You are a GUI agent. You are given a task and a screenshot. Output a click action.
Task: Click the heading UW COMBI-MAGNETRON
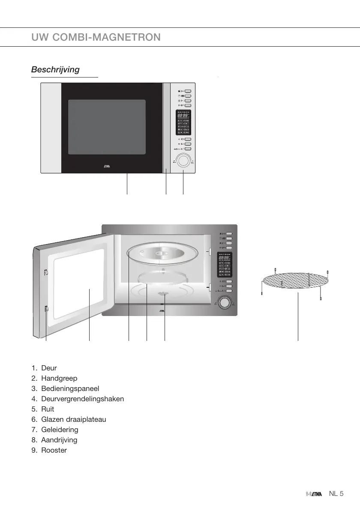point(96,37)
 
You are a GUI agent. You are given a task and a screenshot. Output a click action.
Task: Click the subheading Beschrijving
point(55,70)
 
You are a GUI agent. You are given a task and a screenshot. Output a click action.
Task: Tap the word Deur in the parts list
point(49,368)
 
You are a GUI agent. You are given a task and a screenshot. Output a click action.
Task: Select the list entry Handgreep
point(59,379)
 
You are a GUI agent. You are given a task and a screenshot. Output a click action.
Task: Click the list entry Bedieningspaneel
point(70,389)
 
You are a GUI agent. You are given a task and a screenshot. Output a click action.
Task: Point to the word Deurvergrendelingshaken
point(82,399)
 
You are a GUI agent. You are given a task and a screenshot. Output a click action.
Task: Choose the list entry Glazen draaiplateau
point(73,420)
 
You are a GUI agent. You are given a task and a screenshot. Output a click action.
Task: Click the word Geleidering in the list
point(60,430)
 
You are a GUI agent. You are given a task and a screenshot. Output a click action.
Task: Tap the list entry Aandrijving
point(59,440)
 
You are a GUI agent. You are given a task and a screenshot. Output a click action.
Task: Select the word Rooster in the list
point(54,450)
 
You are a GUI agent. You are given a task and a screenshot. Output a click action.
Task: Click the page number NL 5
point(336,494)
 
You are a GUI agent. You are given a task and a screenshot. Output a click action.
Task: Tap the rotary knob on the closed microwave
point(184,161)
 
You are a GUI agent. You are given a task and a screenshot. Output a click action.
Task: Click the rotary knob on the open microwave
point(223,303)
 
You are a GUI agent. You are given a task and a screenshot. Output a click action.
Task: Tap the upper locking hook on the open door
point(45,272)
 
